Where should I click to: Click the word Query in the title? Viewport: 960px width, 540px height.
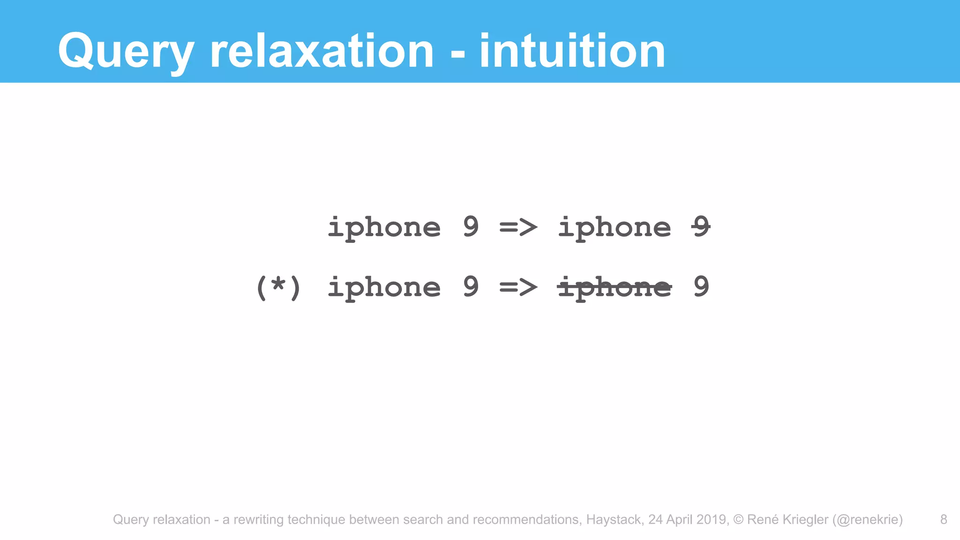click(126, 52)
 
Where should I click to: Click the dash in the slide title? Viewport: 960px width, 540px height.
click(457, 54)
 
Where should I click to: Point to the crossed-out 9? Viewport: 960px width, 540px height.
click(701, 227)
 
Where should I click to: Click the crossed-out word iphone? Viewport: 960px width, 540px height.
click(615, 287)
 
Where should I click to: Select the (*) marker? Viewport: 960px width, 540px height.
click(278, 287)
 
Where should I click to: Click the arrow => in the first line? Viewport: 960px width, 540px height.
click(518, 228)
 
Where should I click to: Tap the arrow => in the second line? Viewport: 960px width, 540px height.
click(518, 287)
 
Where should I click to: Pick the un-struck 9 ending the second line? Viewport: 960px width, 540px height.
click(701, 286)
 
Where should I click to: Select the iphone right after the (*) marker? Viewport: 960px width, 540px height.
click(384, 287)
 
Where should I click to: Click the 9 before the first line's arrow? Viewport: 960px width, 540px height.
click(471, 227)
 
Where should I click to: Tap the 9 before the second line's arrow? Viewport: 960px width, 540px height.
click(471, 286)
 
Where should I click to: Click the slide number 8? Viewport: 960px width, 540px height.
click(944, 519)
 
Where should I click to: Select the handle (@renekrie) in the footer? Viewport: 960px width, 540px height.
click(868, 519)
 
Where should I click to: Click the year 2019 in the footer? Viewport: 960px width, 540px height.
click(711, 519)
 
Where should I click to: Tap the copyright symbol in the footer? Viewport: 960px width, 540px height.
click(738, 519)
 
